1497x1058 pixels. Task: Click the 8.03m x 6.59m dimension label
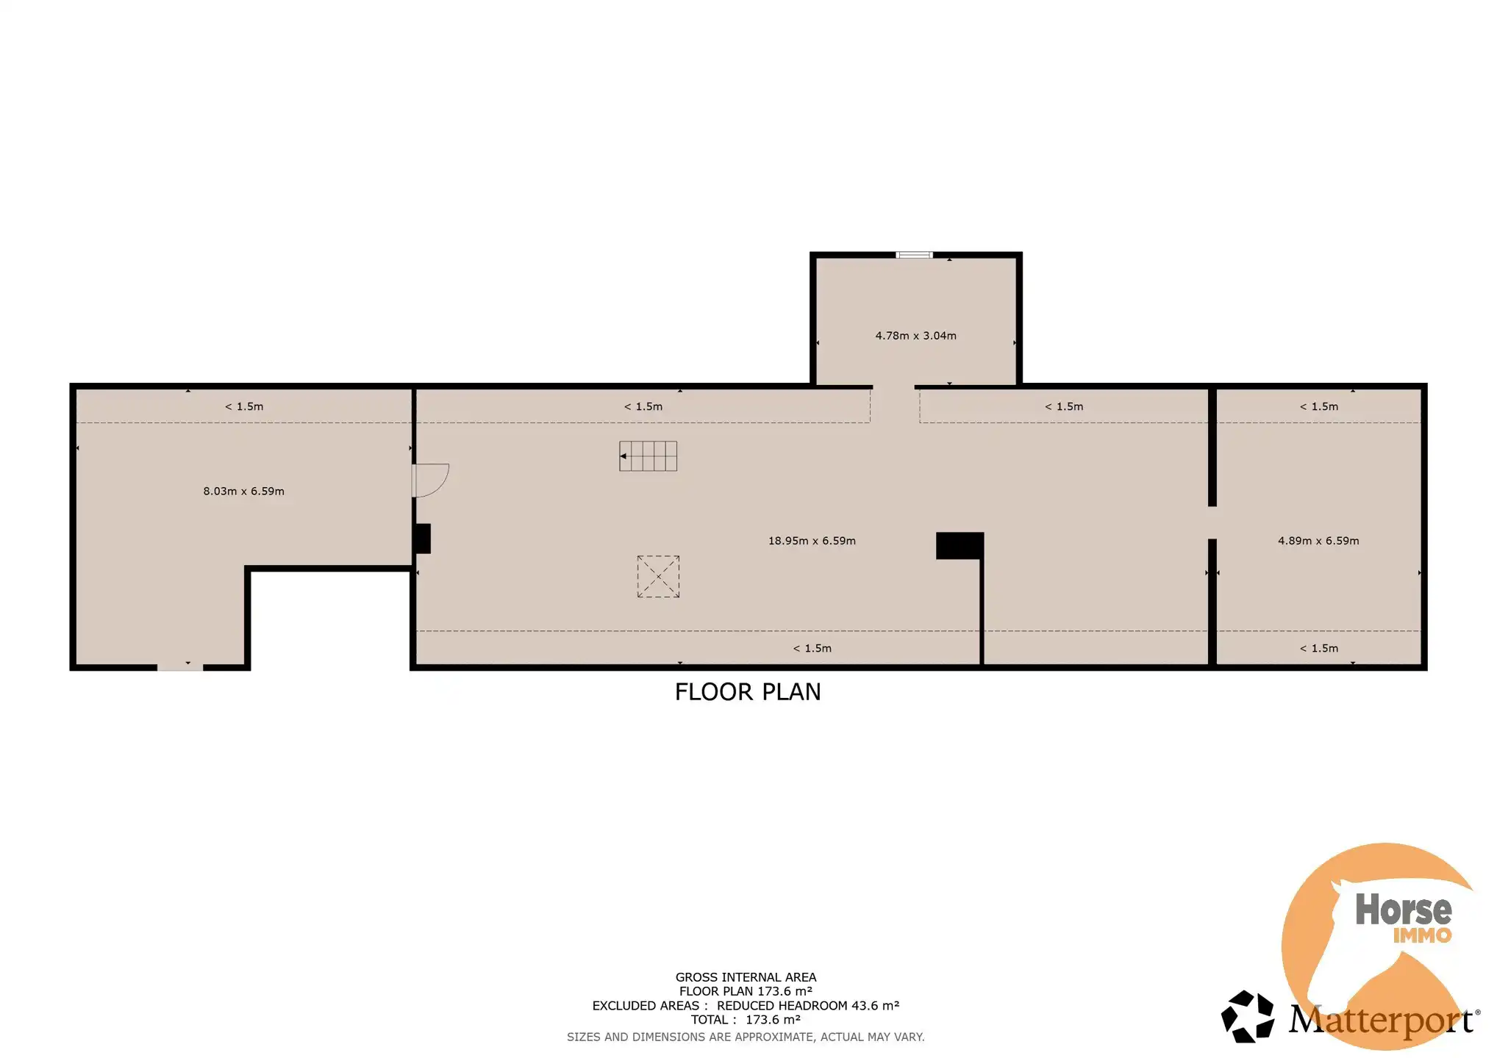pos(243,491)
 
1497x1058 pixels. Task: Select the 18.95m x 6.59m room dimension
pos(812,541)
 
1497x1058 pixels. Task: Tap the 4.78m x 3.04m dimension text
pos(915,336)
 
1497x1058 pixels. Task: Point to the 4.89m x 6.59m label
pos(1318,541)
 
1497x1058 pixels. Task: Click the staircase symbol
pos(648,456)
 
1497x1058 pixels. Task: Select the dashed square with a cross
pos(658,577)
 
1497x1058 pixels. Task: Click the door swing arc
pos(432,480)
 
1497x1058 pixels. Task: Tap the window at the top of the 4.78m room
pos(914,255)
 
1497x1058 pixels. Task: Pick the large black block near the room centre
pos(960,546)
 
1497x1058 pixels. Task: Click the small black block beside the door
pos(422,539)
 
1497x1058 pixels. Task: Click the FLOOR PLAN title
pos(748,692)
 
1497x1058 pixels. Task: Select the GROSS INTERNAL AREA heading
pos(746,977)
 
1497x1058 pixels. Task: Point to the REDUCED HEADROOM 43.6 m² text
pos(807,1006)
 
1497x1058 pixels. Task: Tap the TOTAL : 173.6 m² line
pos(746,1020)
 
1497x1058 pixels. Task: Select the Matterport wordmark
pos(1381,1021)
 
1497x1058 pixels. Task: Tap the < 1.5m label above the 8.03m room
pos(244,406)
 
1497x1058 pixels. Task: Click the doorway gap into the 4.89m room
pos(1212,522)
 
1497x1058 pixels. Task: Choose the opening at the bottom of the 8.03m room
pos(180,666)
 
